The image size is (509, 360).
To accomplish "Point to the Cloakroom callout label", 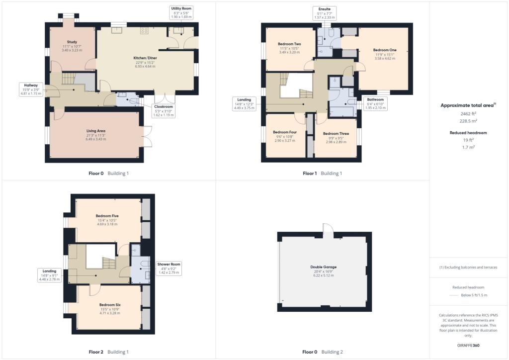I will (163, 110).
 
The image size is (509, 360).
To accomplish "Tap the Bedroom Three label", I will (336, 134).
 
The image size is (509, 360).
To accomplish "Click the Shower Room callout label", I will (169, 268).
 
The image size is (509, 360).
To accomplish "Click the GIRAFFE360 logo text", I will (468, 345).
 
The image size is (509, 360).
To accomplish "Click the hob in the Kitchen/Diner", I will (145, 31).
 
